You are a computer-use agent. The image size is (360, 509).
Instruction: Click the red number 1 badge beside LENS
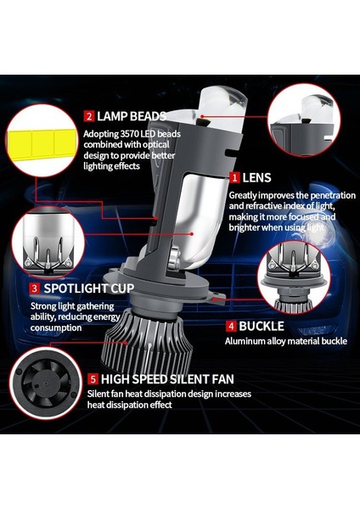(x=234, y=178)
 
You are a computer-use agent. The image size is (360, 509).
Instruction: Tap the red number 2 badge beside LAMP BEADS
(x=88, y=116)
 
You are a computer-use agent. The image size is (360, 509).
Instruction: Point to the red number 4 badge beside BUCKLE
(x=230, y=325)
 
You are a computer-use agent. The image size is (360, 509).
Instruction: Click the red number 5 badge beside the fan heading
(x=93, y=378)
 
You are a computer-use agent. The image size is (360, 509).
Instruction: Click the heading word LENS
(x=257, y=178)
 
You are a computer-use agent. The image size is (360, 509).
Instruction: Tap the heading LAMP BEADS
(x=132, y=116)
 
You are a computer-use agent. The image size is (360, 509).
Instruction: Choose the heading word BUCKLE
(x=262, y=325)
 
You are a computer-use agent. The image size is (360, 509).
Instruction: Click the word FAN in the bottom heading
(x=220, y=378)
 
